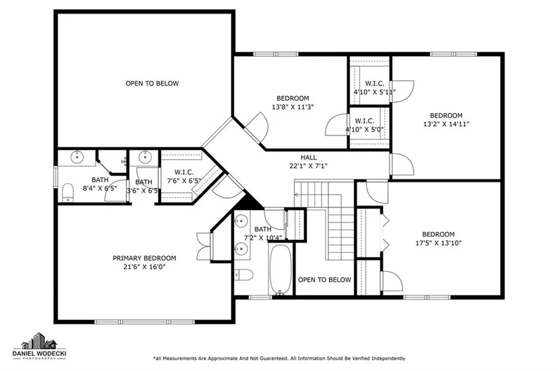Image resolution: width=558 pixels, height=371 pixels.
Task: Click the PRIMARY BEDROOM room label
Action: coord(144,258)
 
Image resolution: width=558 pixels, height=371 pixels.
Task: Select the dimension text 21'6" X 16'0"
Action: coord(144,267)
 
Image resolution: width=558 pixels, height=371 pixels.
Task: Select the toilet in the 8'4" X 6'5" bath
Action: coord(68,192)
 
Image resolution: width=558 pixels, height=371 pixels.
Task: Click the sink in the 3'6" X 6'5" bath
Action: coord(145,158)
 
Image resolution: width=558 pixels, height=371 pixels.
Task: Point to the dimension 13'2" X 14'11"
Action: coord(446,124)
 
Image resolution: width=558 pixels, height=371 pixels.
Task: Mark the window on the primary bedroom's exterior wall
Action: coord(145,321)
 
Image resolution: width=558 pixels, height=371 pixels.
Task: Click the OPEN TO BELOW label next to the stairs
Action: coord(325,279)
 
